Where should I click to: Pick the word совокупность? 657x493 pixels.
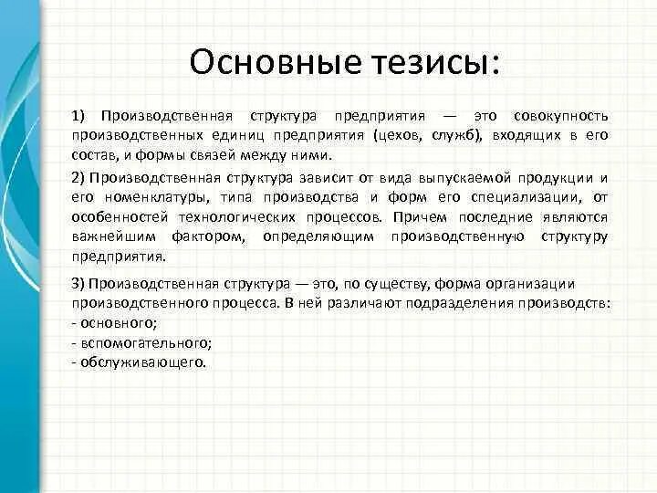click(558, 116)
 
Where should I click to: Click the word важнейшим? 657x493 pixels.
click(112, 237)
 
